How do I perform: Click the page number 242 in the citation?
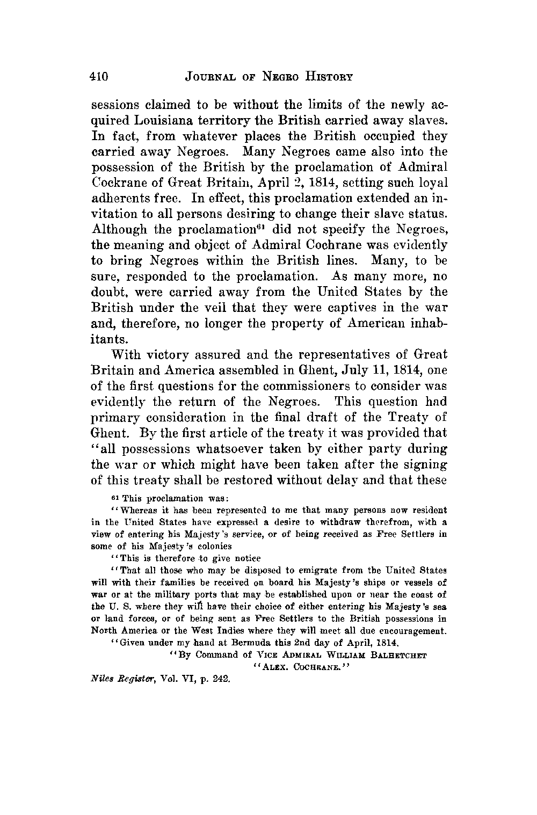tap(221, 679)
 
